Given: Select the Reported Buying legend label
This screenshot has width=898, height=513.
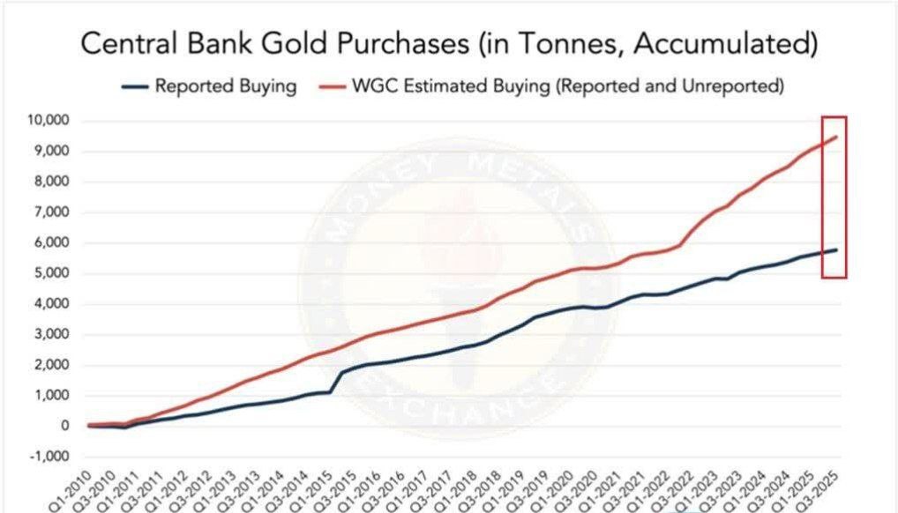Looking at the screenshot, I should [225, 86].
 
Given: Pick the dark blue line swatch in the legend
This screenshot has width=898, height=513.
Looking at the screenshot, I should [132, 87].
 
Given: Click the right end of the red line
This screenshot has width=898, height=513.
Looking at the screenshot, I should [835, 137].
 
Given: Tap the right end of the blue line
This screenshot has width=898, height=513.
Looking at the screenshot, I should [835, 249].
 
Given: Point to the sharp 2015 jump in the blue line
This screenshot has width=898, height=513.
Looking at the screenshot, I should [336, 381].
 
